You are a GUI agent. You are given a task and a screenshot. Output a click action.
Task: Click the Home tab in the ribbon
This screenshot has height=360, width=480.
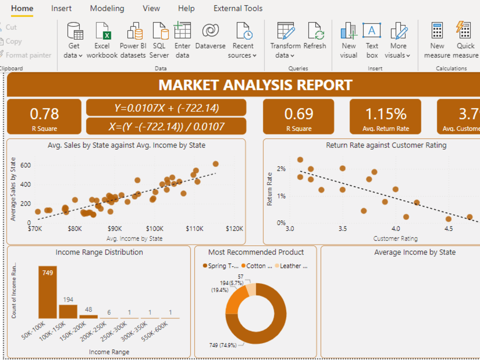pyautogui.click(x=22, y=8)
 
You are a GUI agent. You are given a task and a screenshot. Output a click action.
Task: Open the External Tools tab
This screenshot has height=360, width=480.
pyautogui.click(x=238, y=8)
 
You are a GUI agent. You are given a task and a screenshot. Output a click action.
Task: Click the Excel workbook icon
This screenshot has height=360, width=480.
pyautogui.click(x=102, y=31)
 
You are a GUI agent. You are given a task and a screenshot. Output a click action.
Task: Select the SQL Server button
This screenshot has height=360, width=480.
pyautogui.click(x=160, y=31)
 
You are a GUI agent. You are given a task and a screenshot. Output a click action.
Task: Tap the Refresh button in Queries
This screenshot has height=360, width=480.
pyautogui.click(x=315, y=31)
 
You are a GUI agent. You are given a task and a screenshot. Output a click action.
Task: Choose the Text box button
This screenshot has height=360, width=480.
pyautogui.click(x=372, y=31)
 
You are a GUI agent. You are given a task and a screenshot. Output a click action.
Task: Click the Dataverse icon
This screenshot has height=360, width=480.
pyautogui.click(x=210, y=31)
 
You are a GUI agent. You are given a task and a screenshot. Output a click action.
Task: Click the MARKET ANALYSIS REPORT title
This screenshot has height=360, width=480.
pyautogui.click(x=255, y=85)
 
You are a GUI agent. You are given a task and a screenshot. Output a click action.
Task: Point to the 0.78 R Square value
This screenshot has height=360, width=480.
pyautogui.click(x=44, y=114)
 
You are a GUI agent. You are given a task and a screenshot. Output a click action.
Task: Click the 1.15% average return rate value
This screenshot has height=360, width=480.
pyautogui.click(x=385, y=114)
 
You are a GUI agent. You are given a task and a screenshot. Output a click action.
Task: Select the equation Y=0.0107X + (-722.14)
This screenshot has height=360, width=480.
pyautogui.click(x=166, y=108)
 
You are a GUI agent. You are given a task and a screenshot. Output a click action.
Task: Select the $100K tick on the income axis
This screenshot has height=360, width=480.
pyautogui.click(x=155, y=229)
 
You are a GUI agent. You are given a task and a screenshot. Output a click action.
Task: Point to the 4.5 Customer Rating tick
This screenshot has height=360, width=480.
pyautogui.click(x=448, y=229)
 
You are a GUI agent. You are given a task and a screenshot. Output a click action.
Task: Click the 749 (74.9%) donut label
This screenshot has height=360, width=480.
pyautogui.click(x=226, y=345)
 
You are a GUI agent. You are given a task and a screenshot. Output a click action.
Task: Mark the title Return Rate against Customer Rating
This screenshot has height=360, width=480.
pyautogui.click(x=386, y=145)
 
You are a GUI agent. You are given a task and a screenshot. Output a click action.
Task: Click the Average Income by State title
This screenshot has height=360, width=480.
pyautogui.click(x=415, y=252)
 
